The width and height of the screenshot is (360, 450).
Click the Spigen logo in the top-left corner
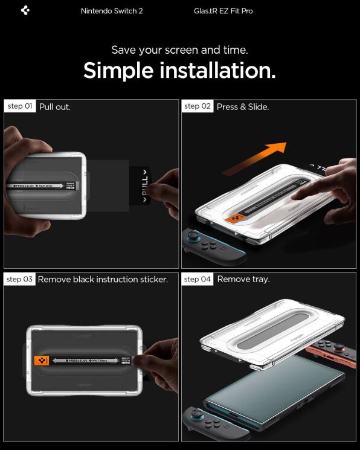click(x=25, y=10)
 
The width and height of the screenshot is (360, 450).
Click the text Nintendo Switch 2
click(x=112, y=11)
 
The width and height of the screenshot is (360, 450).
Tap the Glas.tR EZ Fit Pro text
click(x=224, y=11)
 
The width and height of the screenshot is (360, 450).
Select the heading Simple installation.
click(x=179, y=71)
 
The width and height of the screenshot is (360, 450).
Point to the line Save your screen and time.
click(x=179, y=50)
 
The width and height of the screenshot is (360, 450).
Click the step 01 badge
click(x=20, y=106)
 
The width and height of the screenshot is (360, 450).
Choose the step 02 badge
click(x=198, y=106)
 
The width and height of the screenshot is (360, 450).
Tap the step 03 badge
click(x=19, y=279)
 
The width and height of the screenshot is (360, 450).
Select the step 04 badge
click(x=198, y=279)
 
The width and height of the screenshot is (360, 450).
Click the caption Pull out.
click(x=55, y=107)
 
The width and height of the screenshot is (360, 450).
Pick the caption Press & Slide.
click(x=242, y=107)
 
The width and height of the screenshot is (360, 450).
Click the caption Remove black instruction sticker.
click(x=103, y=280)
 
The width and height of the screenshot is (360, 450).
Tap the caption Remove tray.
click(x=243, y=280)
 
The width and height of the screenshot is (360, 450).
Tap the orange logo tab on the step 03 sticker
click(x=41, y=361)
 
